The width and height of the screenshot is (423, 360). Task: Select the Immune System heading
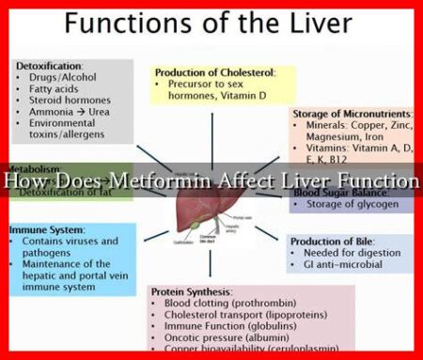[x=47, y=228]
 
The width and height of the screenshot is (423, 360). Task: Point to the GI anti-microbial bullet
[x=344, y=268]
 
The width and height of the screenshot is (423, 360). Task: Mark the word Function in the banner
[x=379, y=179]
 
